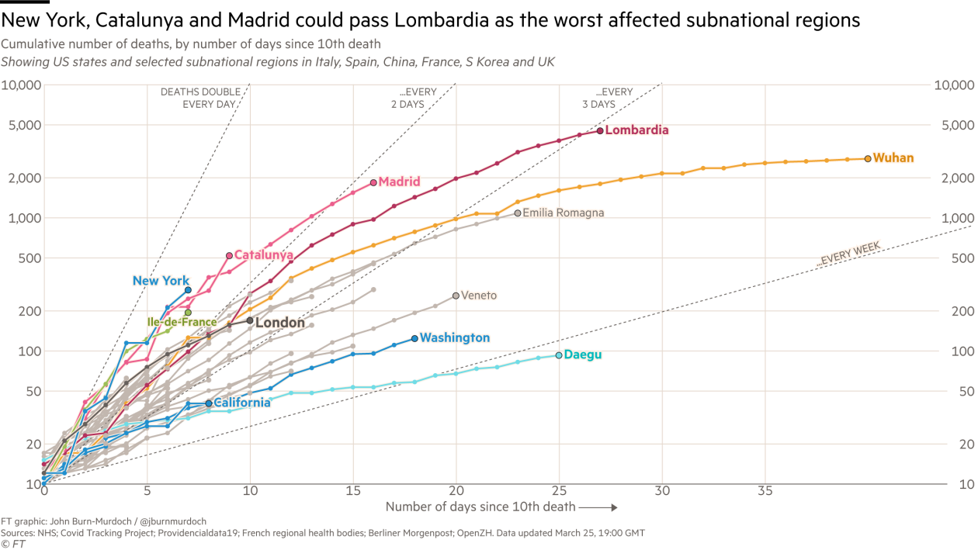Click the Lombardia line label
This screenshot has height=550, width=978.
click(636, 130)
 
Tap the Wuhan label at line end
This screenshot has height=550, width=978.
click(893, 158)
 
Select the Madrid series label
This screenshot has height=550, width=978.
click(399, 182)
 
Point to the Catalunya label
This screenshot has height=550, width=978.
click(263, 254)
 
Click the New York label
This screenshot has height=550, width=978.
click(161, 281)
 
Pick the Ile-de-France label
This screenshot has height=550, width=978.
click(182, 321)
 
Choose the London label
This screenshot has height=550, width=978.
click(280, 323)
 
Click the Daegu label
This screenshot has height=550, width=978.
click(582, 355)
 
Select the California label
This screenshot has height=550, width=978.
click(242, 403)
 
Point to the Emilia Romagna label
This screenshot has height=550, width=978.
click(563, 213)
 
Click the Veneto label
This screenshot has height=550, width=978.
click(478, 296)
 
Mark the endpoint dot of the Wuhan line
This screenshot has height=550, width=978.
click(868, 158)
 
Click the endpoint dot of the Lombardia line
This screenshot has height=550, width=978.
click(600, 130)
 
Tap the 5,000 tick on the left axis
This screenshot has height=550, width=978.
click(23, 126)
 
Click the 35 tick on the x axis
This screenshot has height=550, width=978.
click(765, 491)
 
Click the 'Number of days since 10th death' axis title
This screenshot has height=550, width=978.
click(481, 507)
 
